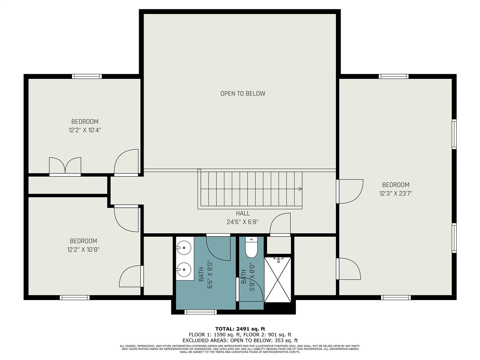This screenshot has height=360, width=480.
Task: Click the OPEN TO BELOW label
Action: click(x=243, y=93)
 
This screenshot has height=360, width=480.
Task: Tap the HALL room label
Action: click(x=243, y=213)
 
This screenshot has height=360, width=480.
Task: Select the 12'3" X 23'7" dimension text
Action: click(x=396, y=193)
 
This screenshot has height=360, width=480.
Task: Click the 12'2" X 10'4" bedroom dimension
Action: click(x=85, y=130)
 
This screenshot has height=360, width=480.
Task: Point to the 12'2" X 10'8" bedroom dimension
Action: click(x=83, y=250)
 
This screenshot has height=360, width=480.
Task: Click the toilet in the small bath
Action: click(x=251, y=248)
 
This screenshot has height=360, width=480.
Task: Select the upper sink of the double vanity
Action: click(x=184, y=247)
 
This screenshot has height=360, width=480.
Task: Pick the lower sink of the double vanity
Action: click(x=184, y=269)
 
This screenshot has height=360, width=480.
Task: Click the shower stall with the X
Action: click(x=277, y=279)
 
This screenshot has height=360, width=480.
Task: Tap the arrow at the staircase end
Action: click(x=300, y=189)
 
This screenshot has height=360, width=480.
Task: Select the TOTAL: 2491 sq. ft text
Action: click(x=240, y=329)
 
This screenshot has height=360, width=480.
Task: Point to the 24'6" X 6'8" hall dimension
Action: click(x=243, y=222)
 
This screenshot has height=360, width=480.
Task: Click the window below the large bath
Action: click(x=201, y=312)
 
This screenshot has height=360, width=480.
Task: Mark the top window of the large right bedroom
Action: click(x=393, y=76)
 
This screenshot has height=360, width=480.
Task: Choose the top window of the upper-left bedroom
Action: click(x=87, y=76)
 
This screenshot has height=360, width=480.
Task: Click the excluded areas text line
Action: click(x=240, y=340)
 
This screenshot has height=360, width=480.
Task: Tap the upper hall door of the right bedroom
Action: click(x=349, y=191)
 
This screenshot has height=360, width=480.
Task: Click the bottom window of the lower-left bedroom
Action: click(x=75, y=297)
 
